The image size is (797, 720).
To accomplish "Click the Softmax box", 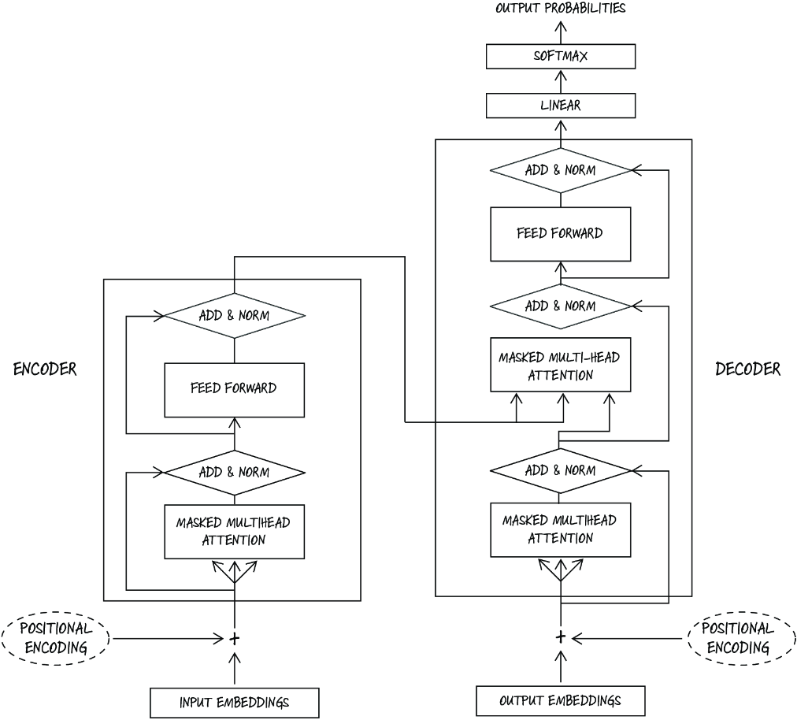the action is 561,56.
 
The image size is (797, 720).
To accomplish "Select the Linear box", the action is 561,106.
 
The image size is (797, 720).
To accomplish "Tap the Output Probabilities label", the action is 561,8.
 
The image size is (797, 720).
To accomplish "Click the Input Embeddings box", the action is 235,703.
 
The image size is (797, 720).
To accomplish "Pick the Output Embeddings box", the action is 561,700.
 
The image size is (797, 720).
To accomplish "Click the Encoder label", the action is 45,369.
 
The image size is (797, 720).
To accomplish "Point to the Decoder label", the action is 747,369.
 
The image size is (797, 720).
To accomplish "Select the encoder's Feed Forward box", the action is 235,390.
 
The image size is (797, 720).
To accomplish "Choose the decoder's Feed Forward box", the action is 561,234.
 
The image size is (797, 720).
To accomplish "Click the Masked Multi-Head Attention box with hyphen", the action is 561,365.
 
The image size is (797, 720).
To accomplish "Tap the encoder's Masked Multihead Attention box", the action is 235,532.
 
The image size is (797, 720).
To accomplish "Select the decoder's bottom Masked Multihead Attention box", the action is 561,530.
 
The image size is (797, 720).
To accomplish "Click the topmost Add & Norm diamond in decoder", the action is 561,170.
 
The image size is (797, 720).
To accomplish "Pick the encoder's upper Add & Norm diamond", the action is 235,316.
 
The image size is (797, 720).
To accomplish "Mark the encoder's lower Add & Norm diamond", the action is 235,473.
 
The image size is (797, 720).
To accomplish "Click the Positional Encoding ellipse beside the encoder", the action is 56,639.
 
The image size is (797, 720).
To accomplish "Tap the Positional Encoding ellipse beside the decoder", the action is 742,638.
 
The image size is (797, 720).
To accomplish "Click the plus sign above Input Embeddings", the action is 235,639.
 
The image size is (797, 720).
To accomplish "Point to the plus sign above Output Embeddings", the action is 561,637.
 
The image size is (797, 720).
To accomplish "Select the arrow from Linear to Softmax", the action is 561,81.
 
